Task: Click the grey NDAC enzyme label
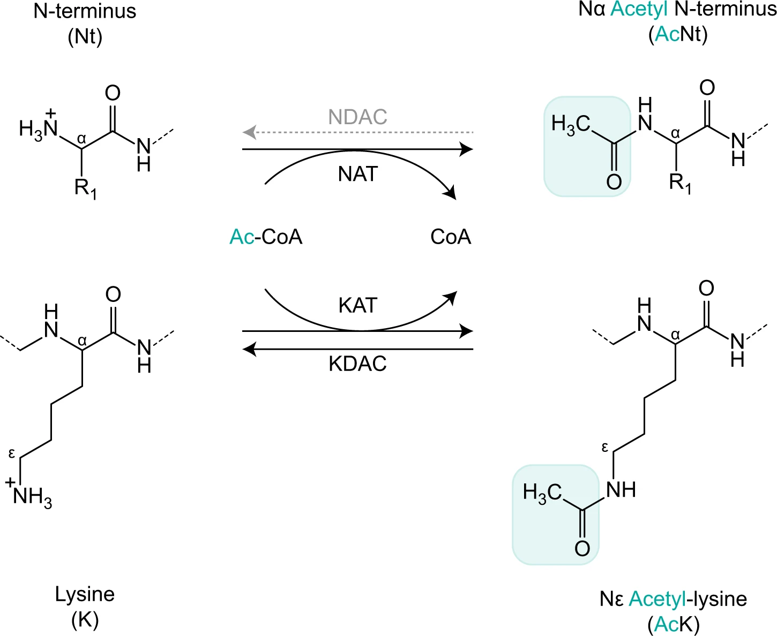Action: point(357,117)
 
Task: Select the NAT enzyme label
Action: point(358,174)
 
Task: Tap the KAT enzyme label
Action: point(358,305)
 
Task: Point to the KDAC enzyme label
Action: point(357,364)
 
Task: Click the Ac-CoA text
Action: point(266,237)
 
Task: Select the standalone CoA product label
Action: point(451,237)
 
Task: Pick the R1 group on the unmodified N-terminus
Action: point(85,188)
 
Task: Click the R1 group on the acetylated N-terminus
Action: point(679,183)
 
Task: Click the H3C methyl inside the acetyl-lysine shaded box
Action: point(542,493)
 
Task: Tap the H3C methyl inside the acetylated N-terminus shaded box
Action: point(570,124)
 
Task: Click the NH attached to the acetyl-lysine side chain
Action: point(621,489)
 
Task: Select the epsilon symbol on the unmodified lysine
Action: point(12,454)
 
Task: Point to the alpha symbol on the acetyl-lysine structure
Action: point(675,335)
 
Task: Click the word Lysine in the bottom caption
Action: point(85,594)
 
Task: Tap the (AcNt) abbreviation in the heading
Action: point(678,34)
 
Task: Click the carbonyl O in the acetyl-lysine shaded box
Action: point(582,548)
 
